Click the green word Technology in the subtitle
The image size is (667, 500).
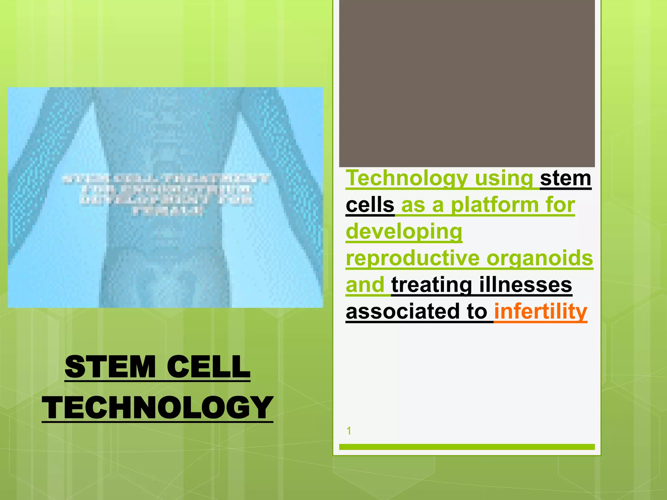407,178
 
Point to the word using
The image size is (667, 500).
504,178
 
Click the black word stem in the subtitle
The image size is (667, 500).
565,178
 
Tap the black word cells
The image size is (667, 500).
370,205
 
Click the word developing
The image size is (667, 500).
404,232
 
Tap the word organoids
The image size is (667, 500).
540,258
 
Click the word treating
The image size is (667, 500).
432,285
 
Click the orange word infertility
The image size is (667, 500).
541,312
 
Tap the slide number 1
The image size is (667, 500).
349,431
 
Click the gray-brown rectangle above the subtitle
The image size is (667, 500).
467,83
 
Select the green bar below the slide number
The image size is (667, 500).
467,447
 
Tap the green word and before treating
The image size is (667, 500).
365,285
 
